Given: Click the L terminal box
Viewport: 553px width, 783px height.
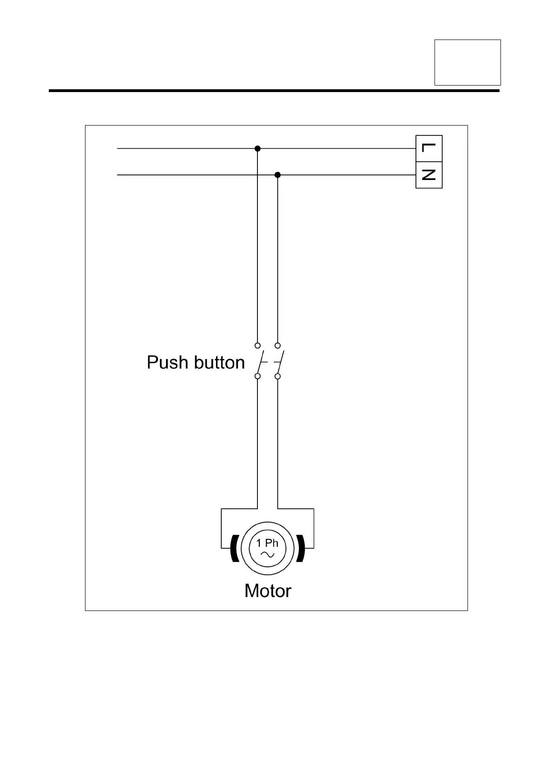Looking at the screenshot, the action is [x=428, y=149].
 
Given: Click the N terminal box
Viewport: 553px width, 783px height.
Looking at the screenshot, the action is [x=428, y=175].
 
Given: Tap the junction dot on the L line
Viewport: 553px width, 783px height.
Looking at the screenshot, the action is [x=257, y=148].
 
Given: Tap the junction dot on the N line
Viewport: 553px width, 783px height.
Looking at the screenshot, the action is [x=277, y=175].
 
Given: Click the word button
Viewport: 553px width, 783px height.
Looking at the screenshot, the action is [x=219, y=363].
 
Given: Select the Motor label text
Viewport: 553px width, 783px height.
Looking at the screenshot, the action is [x=268, y=591].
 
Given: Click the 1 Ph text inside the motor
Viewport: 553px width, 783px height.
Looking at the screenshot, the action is [x=267, y=543].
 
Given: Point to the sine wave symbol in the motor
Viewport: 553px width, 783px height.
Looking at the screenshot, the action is [x=267, y=554].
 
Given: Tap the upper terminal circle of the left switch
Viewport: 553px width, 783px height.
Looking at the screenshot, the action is [x=257, y=345].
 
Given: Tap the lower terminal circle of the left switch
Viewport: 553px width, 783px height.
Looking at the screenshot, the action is [x=257, y=376].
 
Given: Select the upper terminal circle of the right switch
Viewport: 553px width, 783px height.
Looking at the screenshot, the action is [x=277, y=345].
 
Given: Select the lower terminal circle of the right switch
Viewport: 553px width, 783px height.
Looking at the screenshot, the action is [x=277, y=376].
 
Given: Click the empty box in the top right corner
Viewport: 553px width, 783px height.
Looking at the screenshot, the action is [x=467, y=62].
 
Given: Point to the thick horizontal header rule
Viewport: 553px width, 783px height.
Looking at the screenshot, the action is [x=274, y=91].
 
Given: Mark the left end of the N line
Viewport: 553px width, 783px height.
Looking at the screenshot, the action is [x=118, y=175].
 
